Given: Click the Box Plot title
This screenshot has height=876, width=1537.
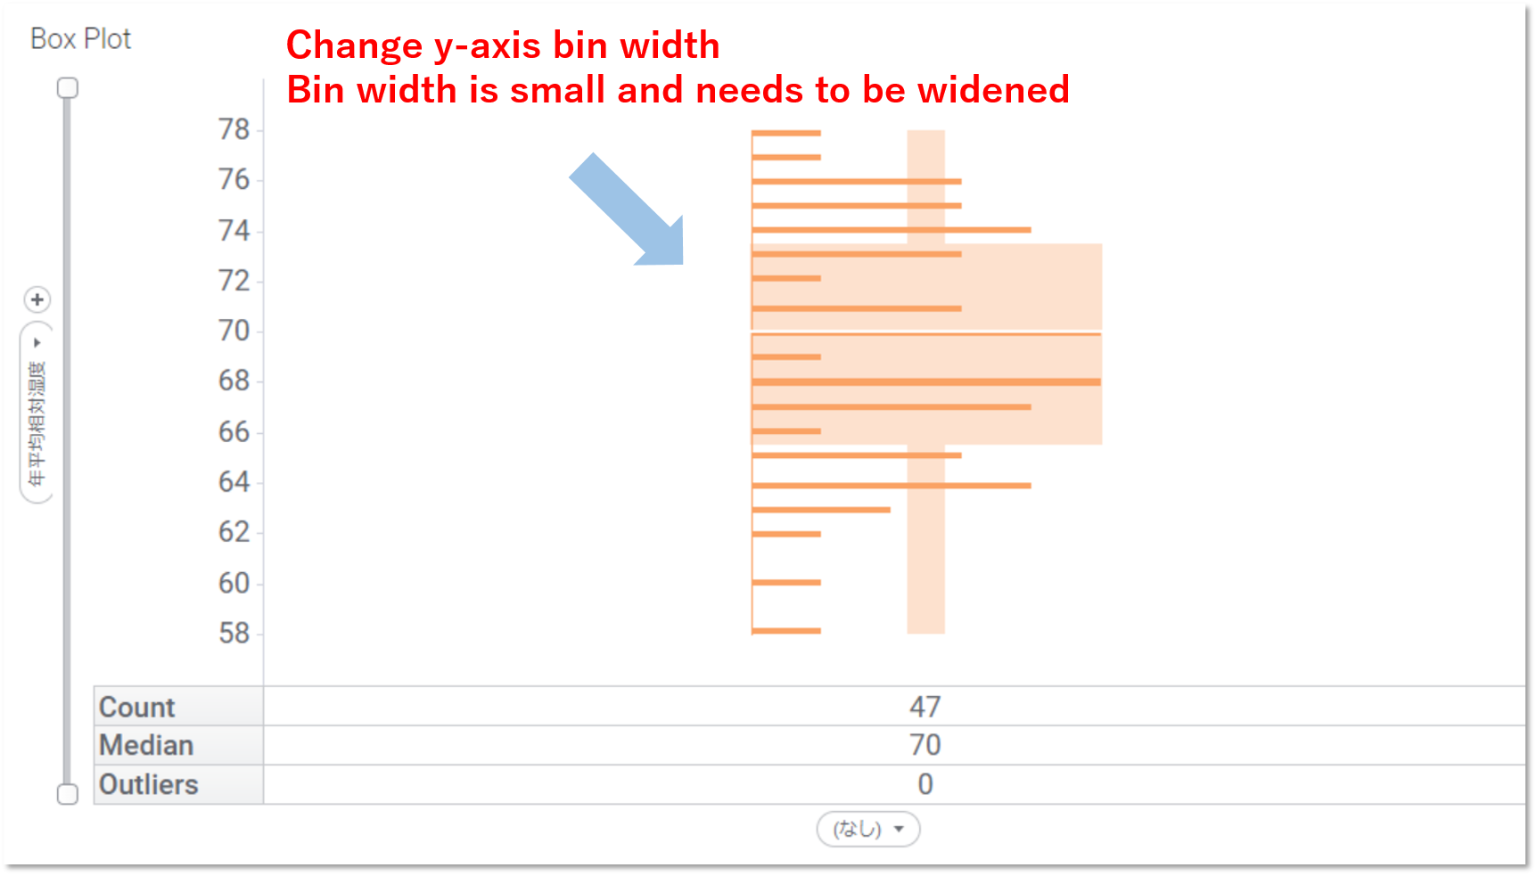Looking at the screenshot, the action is click(80, 39).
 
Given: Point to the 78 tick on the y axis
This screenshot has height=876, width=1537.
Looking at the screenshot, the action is click(234, 130).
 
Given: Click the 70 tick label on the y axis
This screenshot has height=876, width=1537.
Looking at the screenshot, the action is click(234, 332).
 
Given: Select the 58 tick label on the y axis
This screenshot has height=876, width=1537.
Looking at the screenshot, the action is click(234, 634).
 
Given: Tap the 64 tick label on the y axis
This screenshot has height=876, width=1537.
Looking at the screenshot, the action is click(234, 482).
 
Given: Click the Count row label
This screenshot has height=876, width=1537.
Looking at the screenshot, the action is click(137, 708).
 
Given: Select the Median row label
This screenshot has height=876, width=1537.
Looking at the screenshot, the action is click(146, 746).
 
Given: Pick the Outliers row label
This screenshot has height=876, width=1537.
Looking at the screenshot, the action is click(149, 785).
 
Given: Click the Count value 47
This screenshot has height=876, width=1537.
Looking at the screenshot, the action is click(925, 708).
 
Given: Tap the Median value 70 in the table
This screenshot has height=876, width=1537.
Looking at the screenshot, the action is click(925, 746).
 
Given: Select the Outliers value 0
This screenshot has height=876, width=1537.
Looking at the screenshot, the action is click(925, 785).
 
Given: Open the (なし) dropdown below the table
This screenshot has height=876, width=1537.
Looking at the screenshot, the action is click(868, 830).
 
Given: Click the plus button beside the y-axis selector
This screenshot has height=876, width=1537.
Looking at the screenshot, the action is click(37, 300).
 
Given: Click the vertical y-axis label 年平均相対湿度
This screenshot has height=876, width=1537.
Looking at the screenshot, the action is click(37, 424).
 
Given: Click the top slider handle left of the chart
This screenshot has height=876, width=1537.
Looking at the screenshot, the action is click(68, 88).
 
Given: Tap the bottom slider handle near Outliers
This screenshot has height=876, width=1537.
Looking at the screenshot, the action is click(68, 794).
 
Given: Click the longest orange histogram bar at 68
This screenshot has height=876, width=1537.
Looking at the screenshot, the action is click(926, 382).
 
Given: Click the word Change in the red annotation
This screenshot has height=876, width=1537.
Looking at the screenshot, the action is click(354, 45).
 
